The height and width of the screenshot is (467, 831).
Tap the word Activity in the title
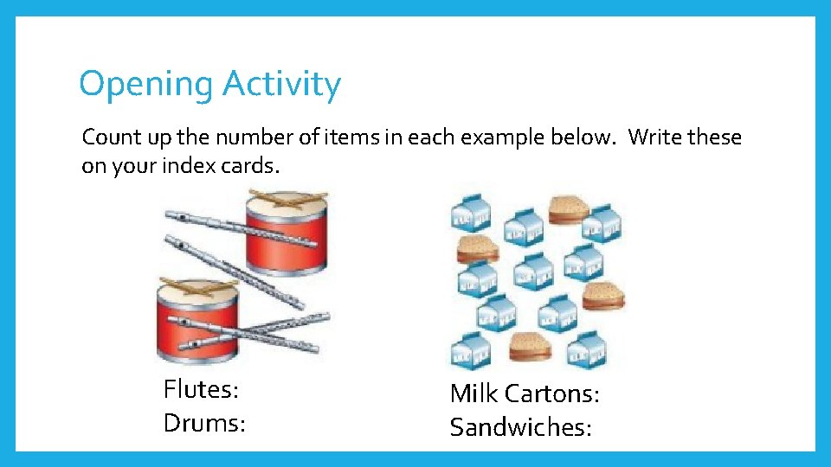coord(281,85)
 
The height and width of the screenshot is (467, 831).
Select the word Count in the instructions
coord(110,138)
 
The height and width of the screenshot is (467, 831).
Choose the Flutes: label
coord(201,389)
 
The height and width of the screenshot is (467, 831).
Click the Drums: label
coord(204,423)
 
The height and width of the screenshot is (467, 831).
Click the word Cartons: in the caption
coord(551,393)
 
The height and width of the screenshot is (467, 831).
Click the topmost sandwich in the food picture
coord(568,209)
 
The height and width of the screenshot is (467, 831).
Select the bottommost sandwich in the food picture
coord(530,348)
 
